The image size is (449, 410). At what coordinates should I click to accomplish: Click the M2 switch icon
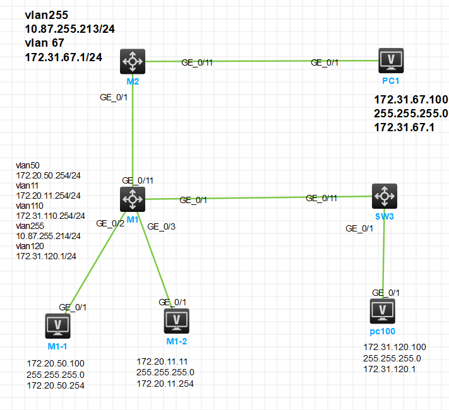133,61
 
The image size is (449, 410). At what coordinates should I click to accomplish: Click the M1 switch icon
133,199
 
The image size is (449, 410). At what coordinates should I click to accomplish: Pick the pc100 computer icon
382,311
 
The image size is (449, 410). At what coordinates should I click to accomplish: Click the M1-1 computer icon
59,326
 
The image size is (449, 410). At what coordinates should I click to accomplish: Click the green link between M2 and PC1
253,61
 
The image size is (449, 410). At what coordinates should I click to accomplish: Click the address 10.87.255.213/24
69,29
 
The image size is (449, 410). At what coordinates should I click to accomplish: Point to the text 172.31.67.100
411,100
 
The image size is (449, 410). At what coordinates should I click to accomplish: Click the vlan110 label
29,206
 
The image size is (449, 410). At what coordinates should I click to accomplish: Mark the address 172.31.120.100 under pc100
395,347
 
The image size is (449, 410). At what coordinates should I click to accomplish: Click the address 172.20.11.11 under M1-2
163,361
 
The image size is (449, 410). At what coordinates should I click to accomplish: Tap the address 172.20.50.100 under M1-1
56,363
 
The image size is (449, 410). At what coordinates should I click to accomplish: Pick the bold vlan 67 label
47,44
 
